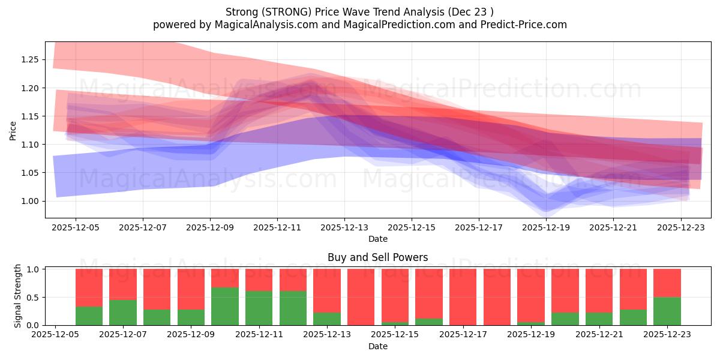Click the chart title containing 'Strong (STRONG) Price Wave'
coord(360,12)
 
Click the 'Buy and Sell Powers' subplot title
coord(377,257)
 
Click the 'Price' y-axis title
coord(13,130)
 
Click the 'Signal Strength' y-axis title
coord(18,295)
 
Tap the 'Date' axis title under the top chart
coord(377,239)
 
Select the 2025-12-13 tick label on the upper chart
coord(344,228)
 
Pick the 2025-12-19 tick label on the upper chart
coord(546,228)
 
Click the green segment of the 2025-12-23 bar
coord(667,311)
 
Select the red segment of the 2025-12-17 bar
coord(463,297)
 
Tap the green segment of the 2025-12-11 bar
coord(259,308)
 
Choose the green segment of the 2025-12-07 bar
coord(123,312)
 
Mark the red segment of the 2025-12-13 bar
coord(327,290)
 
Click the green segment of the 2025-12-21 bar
coord(599,319)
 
